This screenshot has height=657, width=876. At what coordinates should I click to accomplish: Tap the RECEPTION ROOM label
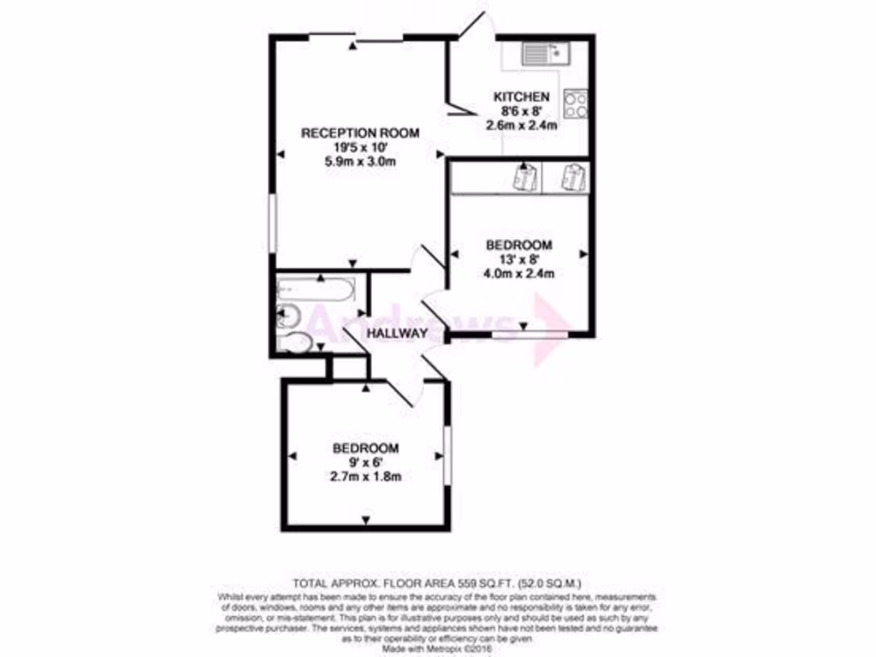click(x=359, y=133)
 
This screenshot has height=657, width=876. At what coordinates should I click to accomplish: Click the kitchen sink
click(x=547, y=54)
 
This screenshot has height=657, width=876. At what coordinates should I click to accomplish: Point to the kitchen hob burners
click(x=576, y=104)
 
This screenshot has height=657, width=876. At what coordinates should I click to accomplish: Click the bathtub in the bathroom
click(x=317, y=291)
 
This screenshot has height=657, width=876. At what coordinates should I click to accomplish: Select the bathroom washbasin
click(x=288, y=316)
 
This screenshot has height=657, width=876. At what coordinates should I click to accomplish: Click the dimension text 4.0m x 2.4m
click(x=519, y=274)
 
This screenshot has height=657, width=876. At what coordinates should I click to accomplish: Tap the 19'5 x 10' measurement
click(x=359, y=147)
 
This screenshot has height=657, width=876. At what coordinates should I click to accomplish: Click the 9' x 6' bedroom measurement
click(x=365, y=462)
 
